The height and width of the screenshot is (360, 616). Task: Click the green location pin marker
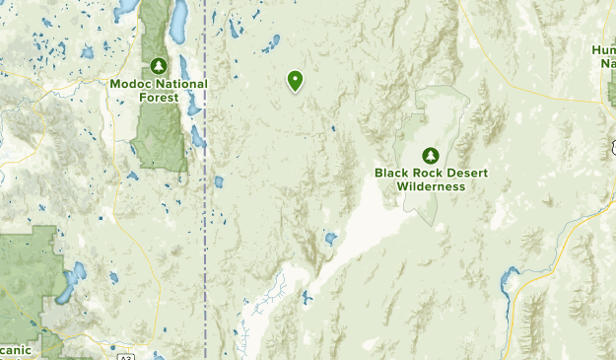pyautogui.click(x=295, y=81)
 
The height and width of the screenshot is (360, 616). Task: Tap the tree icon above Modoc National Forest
pyautogui.click(x=159, y=66)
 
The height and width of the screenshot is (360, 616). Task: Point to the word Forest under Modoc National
pyautogui.click(x=159, y=98)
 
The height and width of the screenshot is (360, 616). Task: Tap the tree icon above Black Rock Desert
pyautogui.click(x=430, y=155)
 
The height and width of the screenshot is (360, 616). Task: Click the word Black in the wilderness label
pyautogui.click(x=392, y=173)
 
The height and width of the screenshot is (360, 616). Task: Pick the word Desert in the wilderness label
pyautogui.click(x=467, y=173)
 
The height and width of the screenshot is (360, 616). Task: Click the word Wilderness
pyautogui.click(x=430, y=185)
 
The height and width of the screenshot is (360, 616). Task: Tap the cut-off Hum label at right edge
pyautogui.click(x=603, y=49)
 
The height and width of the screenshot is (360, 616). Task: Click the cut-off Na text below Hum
pyautogui.click(x=606, y=62)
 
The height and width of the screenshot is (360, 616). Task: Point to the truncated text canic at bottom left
pyautogui.click(x=16, y=349)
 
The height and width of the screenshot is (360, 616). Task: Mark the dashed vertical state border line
pyautogui.click(x=206, y=197)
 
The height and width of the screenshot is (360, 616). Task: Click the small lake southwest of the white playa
pyautogui.click(x=331, y=239)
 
